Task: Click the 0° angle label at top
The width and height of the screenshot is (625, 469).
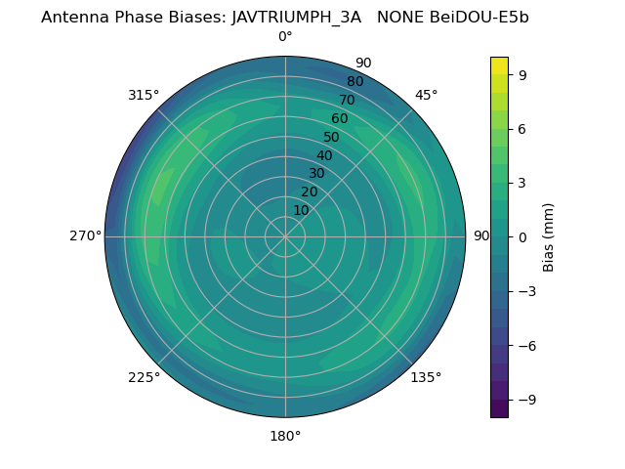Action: (285, 37)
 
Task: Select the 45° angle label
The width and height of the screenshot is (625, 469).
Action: (427, 95)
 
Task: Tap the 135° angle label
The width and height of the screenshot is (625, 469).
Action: (426, 377)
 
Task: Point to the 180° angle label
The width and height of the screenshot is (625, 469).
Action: (285, 436)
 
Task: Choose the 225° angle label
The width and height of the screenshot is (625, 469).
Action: (144, 377)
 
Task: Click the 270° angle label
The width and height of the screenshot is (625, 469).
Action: (85, 235)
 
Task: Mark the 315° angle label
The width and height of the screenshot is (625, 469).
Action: (144, 95)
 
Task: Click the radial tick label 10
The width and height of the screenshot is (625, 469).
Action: (301, 210)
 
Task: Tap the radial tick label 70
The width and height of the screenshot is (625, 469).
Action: (347, 100)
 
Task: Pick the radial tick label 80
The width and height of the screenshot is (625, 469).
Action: (354, 81)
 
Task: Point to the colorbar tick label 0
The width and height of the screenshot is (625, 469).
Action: (522, 236)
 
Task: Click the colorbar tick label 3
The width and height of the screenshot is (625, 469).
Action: (522, 183)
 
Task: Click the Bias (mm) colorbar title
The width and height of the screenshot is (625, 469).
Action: (549, 236)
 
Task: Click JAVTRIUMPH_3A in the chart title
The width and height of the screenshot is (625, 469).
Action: (296, 17)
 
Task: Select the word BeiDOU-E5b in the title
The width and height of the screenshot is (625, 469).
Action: (479, 17)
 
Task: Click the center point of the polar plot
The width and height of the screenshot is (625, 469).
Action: (285, 236)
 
